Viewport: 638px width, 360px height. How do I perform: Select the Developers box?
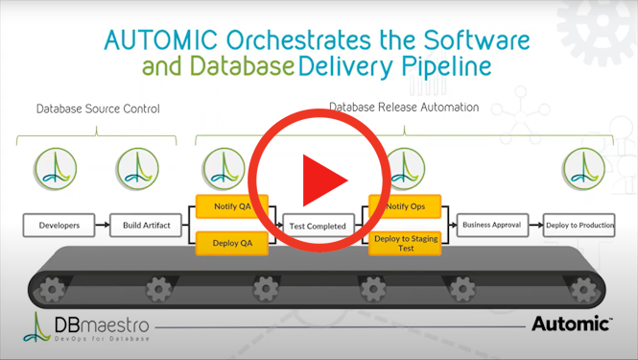(x=59, y=226)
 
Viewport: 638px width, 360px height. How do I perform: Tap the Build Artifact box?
(x=146, y=226)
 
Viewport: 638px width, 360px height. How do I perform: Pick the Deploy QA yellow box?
(x=232, y=244)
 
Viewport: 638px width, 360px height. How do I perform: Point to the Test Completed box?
(x=318, y=227)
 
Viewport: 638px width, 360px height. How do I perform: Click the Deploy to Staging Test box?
(x=406, y=243)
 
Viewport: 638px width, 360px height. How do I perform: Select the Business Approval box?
(x=491, y=226)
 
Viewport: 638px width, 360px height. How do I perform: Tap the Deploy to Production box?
(x=579, y=226)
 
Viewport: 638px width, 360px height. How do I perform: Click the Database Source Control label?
(x=98, y=108)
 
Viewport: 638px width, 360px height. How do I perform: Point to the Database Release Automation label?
(x=404, y=108)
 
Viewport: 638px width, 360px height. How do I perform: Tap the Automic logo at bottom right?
(x=572, y=324)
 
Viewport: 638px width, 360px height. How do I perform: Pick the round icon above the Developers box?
(x=55, y=168)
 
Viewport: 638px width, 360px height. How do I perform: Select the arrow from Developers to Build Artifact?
(x=102, y=226)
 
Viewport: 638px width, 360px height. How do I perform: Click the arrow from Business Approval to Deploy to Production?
(x=535, y=226)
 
